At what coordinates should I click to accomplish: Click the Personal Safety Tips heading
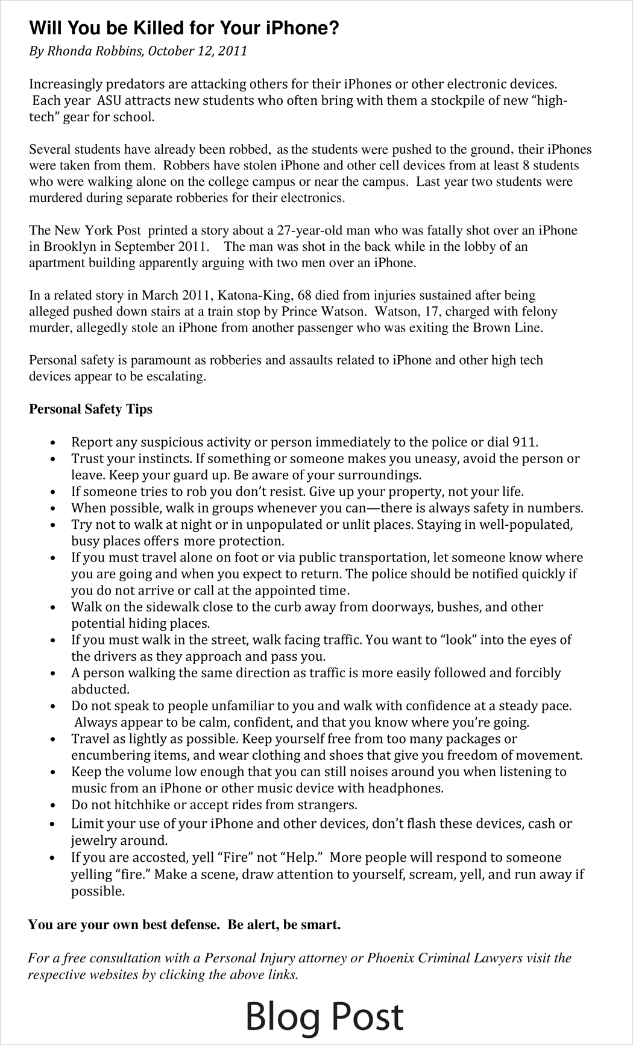pos(90,409)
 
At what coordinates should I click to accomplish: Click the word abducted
pos(92,689)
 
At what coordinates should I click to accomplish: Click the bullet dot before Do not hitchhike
pos(55,806)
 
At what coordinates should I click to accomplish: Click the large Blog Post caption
pos(324,1017)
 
